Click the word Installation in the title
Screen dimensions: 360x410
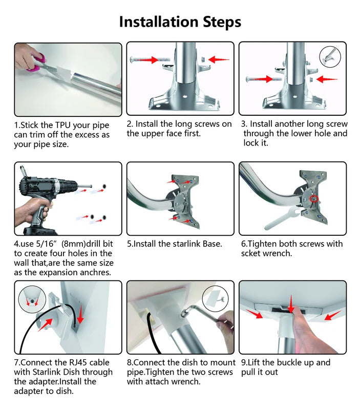pyautogui.click(x=159, y=22)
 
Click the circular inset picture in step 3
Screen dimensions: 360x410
pyautogui.click(x=330, y=57)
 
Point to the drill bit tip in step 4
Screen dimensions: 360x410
pyautogui.click(x=91, y=186)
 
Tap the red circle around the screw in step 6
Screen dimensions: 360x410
pyautogui.click(x=314, y=199)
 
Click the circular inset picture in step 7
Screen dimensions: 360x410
pyautogui.click(x=32, y=299)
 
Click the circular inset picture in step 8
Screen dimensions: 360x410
pyautogui.click(x=215, y=299)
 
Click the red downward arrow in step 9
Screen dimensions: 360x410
pyautogui.click(x=291, y=304)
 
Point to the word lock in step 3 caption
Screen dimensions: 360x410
pyautogui.click(x=251, y=143)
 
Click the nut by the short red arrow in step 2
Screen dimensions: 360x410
pyautogui.click(x=203, y=59)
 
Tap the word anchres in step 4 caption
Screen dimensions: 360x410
pyautogui.click(x=95, y=273)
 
